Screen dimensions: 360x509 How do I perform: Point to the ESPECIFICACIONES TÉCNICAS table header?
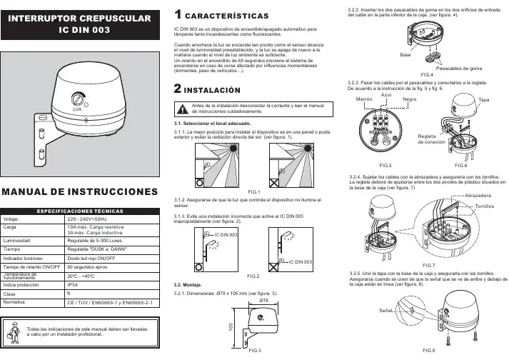tap(81, 211)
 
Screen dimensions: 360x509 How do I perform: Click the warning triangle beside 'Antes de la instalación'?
tap(183, 108)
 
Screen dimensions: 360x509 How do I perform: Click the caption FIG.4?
tap(427, 74)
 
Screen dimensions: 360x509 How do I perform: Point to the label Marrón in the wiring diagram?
tap(364, 99)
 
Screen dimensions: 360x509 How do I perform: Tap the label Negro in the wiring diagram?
tap(410, 99)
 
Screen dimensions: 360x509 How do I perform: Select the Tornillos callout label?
tap(485, 205)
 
